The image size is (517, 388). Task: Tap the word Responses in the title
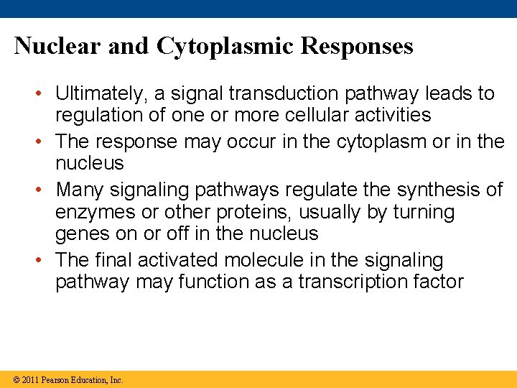[357, 46]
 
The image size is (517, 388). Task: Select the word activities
[391, 115]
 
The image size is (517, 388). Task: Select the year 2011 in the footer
[29, 379]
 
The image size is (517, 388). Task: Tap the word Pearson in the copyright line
[57, 379]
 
